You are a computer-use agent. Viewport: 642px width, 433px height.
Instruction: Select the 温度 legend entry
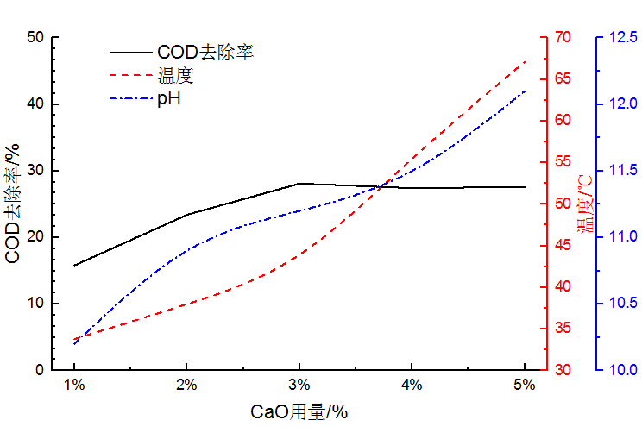pyautogui.click(x=175, y=75)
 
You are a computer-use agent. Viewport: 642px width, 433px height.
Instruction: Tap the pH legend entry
pyautogui.click(x=168, y=98)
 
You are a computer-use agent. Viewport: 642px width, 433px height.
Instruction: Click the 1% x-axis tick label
pyautogui.click(x=74, y=385)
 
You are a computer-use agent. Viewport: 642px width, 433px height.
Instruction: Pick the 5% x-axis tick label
pyautogui.click(x=525, y=385)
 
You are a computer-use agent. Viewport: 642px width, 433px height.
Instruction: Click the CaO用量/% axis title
pyautogui.click(x=299, y=412)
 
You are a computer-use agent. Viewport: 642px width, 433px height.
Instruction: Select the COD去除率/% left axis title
pyautogui.click(x=13, y=204)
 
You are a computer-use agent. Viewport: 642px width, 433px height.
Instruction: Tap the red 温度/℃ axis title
pyautogui.click(x=585, y=204)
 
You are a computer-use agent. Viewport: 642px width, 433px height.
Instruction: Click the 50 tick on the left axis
pyautogui.click(x=35, y=38)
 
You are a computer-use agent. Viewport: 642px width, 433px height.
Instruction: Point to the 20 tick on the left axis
pyautogui.click(x=35, y=237)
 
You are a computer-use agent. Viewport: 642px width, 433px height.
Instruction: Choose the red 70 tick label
pyautogui.click(x=563, y=38)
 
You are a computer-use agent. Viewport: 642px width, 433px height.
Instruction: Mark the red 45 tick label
pyautogui.click(x=563, y=246)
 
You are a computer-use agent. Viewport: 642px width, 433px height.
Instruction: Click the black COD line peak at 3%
pyautogui.click(x=299, y=183)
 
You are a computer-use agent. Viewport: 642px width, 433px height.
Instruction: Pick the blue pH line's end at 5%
pyautogui.click(x=525, y=91)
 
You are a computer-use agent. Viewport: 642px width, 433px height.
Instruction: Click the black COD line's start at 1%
pyautogui.click(x=74, y=266)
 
